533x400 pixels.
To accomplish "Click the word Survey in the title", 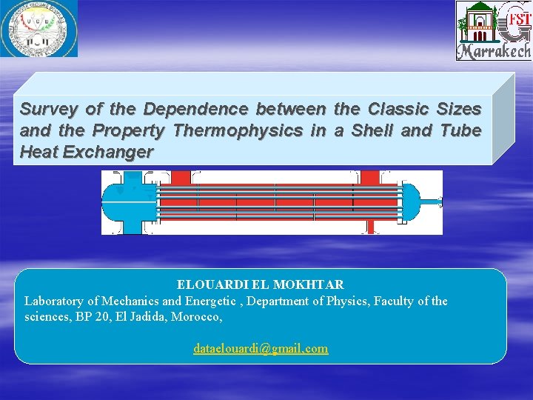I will coord(48,110).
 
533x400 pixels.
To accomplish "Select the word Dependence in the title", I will coord(196,110).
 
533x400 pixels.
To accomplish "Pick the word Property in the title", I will coord(131,131).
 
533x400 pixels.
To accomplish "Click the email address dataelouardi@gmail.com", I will coord(261,348).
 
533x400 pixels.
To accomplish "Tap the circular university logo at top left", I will coord(38,28).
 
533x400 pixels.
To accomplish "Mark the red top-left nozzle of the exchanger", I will coord(181,178).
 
